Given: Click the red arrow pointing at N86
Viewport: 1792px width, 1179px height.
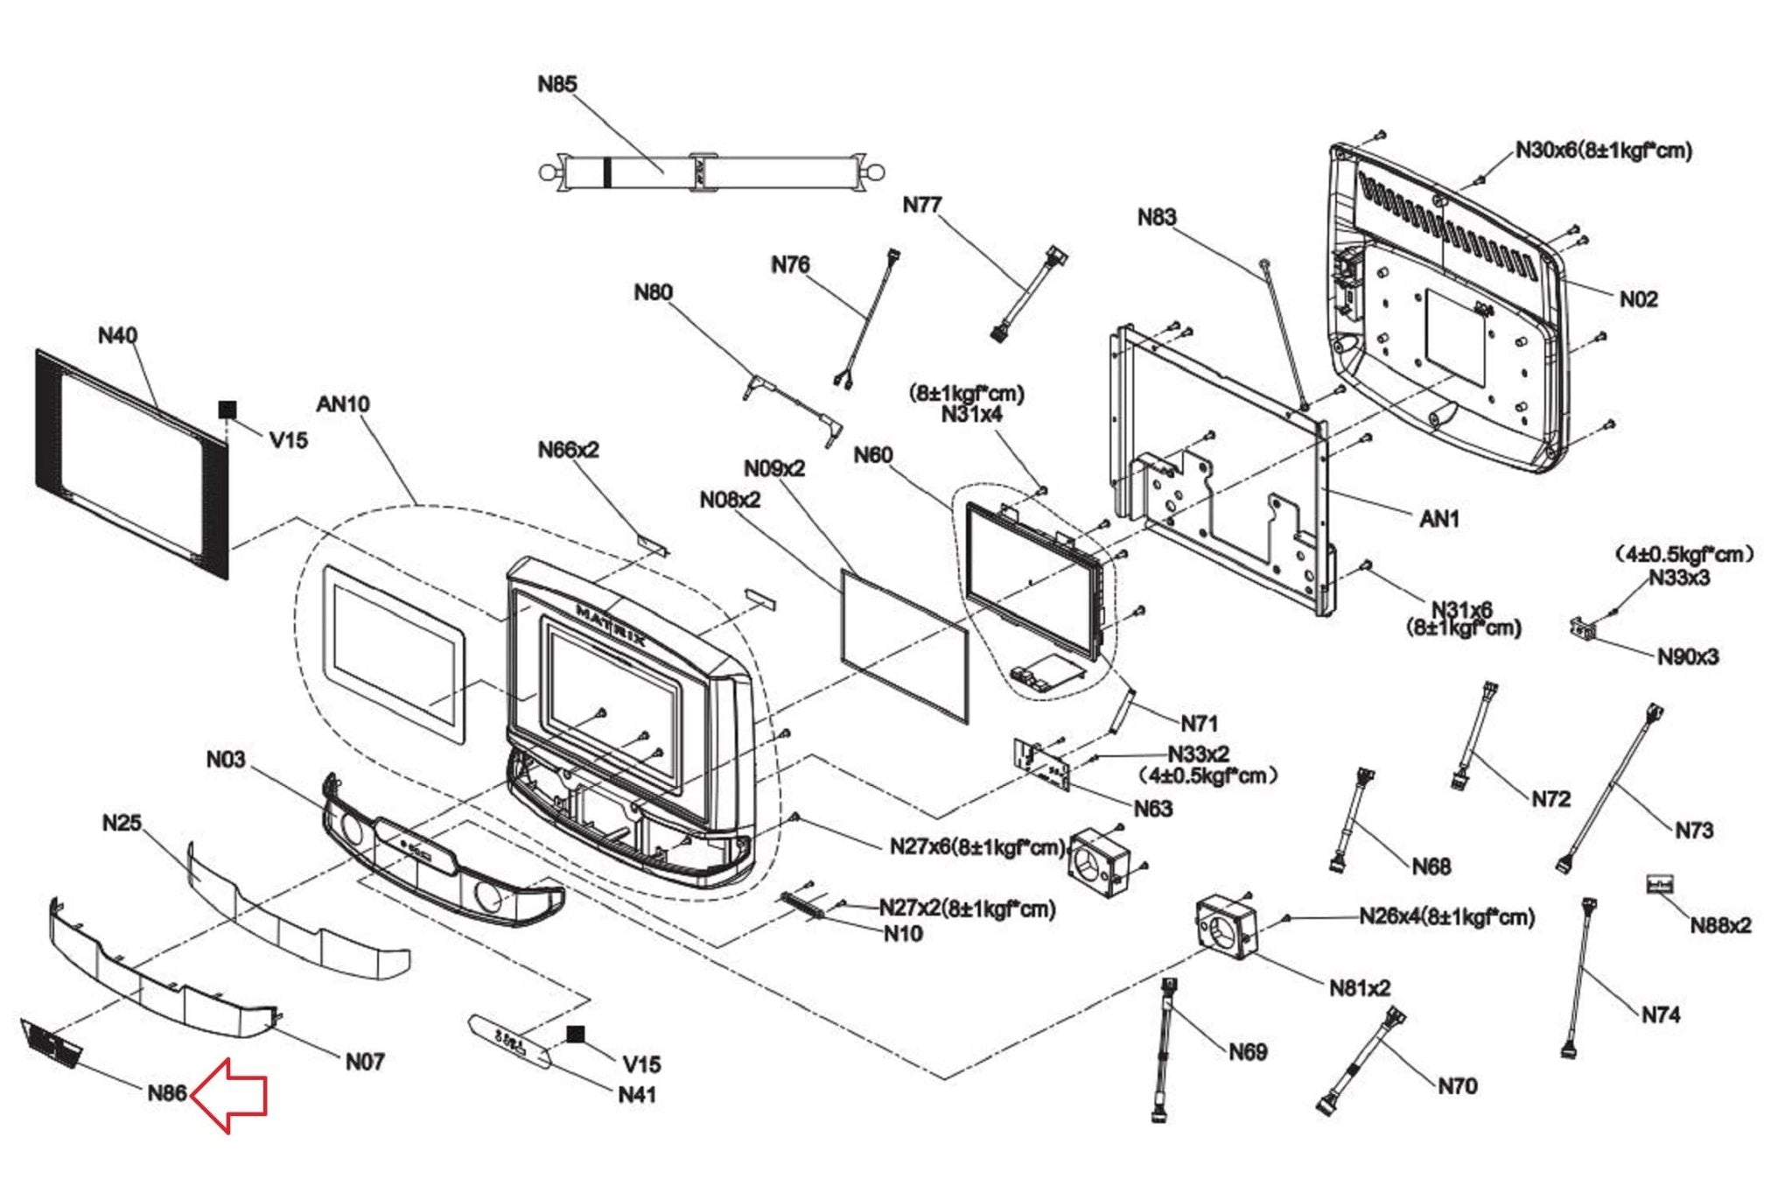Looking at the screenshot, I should (x=229, y=1095).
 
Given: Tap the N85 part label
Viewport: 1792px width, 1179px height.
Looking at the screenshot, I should (x=557, y=84).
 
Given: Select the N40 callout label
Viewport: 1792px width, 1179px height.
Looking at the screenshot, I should (x=117, y=335).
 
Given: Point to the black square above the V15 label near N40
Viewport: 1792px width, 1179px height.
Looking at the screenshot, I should (x=227, y=409).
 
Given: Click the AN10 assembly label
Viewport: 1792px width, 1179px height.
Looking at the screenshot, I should (x=343, y=404).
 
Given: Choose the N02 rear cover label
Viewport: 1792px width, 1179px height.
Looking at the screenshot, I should (x=1638, y=299).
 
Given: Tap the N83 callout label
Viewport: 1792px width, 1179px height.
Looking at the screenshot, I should (x=1157, y=217).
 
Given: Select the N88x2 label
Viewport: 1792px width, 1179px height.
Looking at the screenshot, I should (x=1720, y=925).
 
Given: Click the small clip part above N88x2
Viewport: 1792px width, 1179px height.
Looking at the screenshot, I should (x=1659, y=884).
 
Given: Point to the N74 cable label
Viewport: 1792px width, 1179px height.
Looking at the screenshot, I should (x=1660, y=1014).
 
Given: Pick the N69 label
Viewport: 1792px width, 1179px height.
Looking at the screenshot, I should (x=1248, y=1051).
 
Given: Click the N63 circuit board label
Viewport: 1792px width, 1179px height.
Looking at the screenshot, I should (x=1152, y=809).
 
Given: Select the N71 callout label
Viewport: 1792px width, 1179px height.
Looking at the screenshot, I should (x=1199, y=724).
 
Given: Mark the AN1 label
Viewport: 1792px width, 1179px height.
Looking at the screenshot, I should (x=1439, y=519).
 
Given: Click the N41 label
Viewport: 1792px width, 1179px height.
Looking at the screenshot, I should (x=637, y=1095).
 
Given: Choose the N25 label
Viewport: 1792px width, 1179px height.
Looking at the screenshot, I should (x=122, y=823).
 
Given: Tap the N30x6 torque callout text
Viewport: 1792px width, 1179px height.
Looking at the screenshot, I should (x=1604, y=151).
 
